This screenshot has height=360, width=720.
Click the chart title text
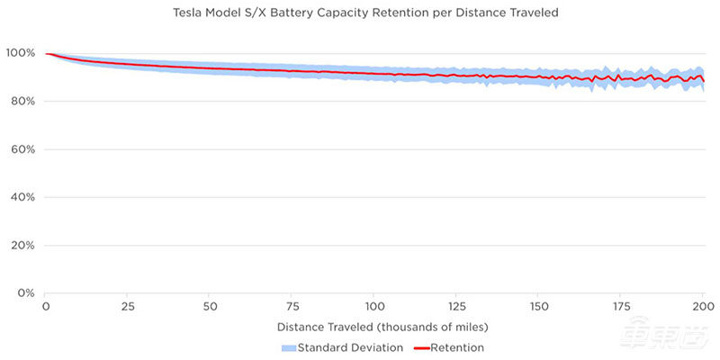(360, 13)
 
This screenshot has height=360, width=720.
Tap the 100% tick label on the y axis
(21, 53)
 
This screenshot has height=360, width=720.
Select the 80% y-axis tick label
(22, 102)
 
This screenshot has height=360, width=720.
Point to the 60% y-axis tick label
(22, 149)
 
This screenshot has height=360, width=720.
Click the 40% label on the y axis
(22, 197)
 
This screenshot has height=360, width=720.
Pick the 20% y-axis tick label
(22, 246)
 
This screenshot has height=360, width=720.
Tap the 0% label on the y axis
(25, 293)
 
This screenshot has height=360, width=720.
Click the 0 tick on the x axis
(45, 306)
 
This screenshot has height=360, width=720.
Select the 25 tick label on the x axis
(127, 306)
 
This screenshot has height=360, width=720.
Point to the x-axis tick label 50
(210, 306)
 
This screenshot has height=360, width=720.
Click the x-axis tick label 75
(292, 306)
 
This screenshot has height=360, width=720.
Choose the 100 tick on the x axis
(373, 306)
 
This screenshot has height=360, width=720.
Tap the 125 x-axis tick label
(455, 306)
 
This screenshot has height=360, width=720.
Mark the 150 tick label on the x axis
(538, 306)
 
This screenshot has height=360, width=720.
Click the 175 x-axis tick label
(620, 306)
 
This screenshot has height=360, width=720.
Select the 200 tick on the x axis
(702, 306)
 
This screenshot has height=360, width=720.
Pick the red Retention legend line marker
(423, 347)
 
